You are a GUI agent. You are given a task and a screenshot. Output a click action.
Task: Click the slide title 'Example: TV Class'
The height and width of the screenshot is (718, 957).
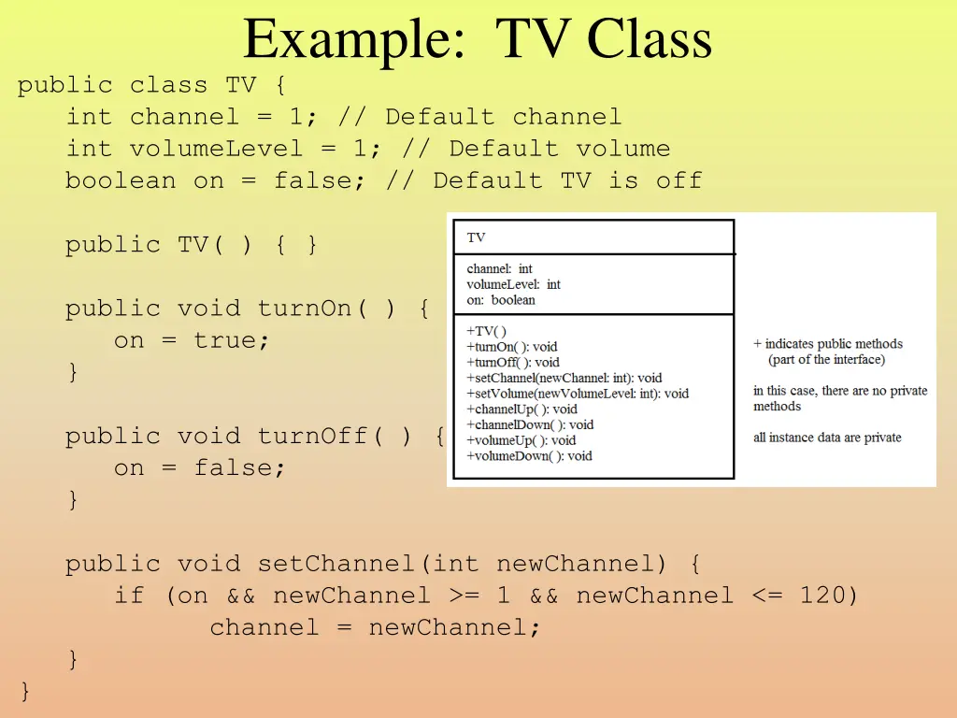(x=477, y=40)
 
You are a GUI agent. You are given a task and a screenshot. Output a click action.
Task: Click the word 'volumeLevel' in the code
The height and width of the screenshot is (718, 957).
(x=217, y=149)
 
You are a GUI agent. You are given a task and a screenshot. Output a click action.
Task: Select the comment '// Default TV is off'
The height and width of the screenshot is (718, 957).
(x=543, y=180)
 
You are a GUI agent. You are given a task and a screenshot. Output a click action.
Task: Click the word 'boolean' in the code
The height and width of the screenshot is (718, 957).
(x=121, y=180)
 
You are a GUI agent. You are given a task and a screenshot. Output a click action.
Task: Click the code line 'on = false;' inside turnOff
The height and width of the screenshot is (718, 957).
(x=200, y=467)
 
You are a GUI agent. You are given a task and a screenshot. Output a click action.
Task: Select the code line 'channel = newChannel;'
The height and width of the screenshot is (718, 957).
(x=375, y=627)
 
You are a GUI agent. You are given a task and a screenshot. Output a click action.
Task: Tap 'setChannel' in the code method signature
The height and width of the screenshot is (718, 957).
(x=337, y=564)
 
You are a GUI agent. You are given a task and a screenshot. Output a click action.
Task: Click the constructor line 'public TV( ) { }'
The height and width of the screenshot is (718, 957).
(x=192, y=245)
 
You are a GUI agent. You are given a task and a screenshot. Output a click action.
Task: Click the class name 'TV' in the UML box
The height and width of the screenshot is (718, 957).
(x=477, y=238)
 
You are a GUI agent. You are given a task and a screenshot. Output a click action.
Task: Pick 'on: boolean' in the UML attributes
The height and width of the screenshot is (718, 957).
(x=501, y=300)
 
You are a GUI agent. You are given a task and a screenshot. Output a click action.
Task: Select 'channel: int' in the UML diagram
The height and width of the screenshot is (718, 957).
(x=499, y=269)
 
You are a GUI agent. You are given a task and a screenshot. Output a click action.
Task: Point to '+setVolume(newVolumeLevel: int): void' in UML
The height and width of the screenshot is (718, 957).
(x=578, y=394)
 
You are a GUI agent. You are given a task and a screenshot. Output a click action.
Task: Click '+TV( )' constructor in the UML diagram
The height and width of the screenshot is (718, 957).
(x=486, y=331)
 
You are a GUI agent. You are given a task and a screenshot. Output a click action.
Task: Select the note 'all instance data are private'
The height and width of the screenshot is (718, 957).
(x=827, y=438)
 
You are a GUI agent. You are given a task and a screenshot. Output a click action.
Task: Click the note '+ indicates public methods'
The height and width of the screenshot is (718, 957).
(x=828, y=344)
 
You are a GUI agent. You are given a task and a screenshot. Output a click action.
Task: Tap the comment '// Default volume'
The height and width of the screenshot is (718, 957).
(x=559, y=149)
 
